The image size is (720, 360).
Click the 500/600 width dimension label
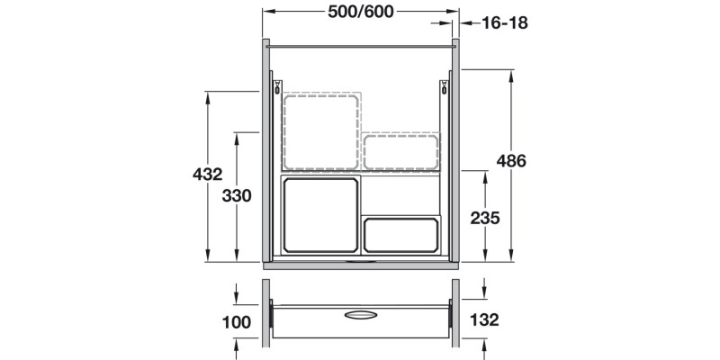tap(360, 12)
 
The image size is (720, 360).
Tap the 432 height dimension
tap(207, 175)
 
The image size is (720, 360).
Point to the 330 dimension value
tap(237, 196)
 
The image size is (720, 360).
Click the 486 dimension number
tap(511, 162)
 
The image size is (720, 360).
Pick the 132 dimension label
tap(484, 319)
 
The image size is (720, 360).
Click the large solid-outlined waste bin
tap(320, 215)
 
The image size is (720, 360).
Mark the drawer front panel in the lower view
tap(360, 321)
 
